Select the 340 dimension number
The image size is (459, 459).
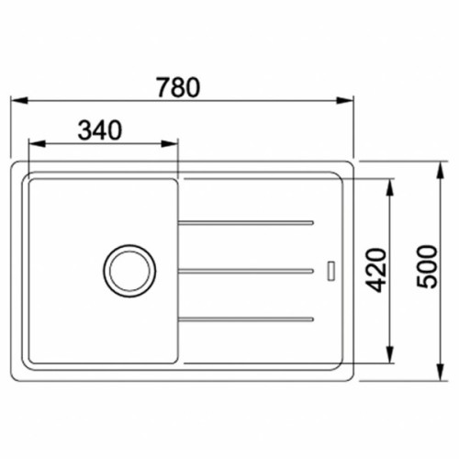[100, 130]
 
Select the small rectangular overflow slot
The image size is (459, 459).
[331, 271]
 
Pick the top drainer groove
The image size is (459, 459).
[246, 221]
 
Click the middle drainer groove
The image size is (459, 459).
[246, 270]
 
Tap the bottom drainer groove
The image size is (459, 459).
[246, 319]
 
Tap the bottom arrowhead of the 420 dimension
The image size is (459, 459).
[392, 358]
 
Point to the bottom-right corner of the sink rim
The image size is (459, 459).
[351, 375]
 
